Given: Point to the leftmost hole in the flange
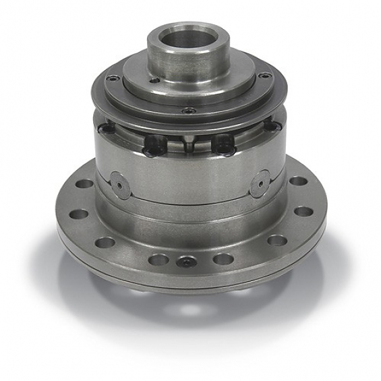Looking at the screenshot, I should (x=73, y=198).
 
